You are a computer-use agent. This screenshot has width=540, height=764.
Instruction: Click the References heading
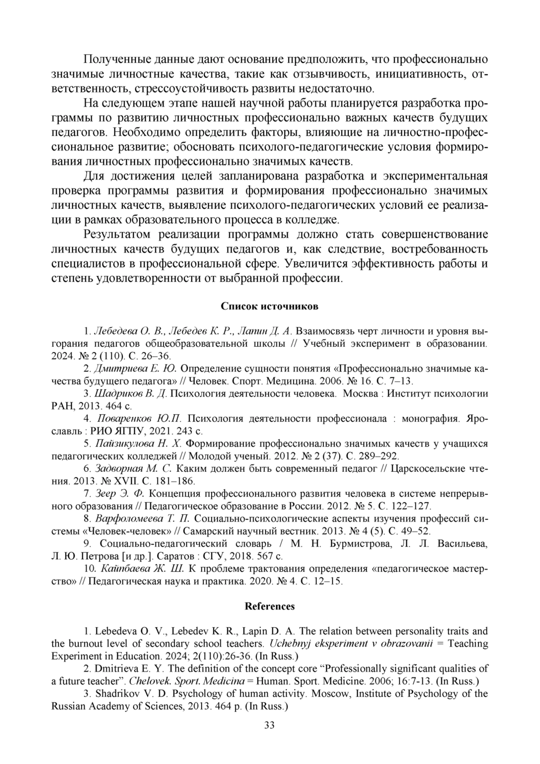click(270, 606)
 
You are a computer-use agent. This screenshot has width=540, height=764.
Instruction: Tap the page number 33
click(270, 725)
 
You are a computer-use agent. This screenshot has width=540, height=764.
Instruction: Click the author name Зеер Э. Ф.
click(122, 493)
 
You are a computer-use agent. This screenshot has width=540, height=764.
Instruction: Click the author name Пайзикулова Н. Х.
click(139, 443)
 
